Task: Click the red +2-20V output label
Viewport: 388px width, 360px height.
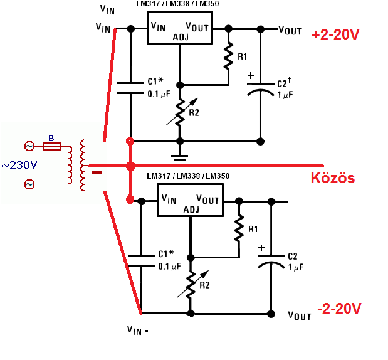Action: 335,34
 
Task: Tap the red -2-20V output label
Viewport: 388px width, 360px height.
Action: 339,308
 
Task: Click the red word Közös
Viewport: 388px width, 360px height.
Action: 333,177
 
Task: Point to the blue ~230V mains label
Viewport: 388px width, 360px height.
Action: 19,165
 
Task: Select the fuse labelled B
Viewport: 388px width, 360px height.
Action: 52,146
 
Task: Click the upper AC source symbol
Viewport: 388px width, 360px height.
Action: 29,146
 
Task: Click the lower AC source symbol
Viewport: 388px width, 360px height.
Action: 29,184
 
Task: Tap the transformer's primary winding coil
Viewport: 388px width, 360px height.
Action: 70,165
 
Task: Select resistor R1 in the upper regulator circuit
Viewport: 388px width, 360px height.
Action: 228,56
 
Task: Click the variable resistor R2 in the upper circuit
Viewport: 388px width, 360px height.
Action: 180,112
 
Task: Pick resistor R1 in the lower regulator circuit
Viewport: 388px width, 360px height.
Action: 239,228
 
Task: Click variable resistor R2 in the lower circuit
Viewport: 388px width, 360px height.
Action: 191,284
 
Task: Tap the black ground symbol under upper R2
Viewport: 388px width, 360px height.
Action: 180,159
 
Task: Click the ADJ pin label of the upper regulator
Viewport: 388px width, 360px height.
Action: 181,38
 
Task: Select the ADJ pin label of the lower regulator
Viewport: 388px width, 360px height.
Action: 191,210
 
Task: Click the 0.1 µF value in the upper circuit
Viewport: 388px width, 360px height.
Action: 159,94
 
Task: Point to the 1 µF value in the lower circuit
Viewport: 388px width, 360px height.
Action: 296,267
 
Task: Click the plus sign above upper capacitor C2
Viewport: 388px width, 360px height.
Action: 251,75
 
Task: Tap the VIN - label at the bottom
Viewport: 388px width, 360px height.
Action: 137,331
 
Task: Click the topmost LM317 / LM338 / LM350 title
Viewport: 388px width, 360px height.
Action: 177,4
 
